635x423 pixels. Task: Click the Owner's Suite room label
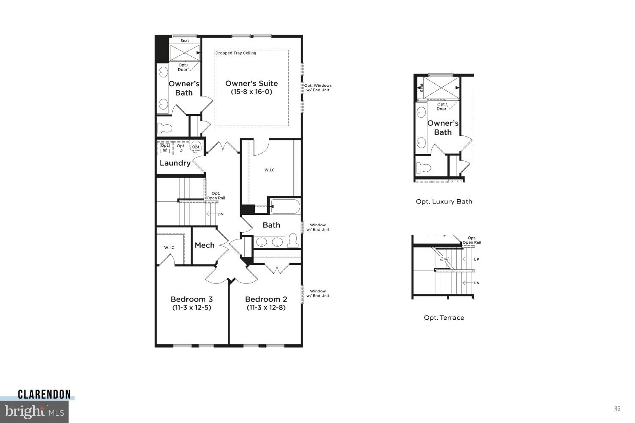click(x=251, y=84)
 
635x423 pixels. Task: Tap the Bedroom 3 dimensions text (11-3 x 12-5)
click(x=191, y=308)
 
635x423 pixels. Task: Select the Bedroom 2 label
click(x=266, y=299)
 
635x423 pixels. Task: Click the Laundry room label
click(x=175, y=163)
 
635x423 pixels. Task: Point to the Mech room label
click(x=204, y=245)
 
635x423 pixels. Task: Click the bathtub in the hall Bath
click(x=285, y=206)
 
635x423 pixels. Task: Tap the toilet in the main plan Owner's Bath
click(x=165, y=128)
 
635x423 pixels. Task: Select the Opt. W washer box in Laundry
click(x=165, y=148)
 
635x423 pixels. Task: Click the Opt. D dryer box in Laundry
click(x=181, y=148)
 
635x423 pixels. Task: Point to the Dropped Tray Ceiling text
click(x=235, y=53)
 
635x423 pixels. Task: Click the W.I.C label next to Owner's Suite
click(x=270, y=170)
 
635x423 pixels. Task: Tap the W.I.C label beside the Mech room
click(x=169, y=247)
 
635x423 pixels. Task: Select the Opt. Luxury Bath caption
click(x=444, y=202)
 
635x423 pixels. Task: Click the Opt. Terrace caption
click(x=444, y=318)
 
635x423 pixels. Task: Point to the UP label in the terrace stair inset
click(x=476, y=259)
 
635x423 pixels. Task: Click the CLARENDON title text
click(x=44, y=395)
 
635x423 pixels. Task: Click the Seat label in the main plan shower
click(x=185, y=41)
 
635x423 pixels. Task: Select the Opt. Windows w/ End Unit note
click(x=317, y=88)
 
